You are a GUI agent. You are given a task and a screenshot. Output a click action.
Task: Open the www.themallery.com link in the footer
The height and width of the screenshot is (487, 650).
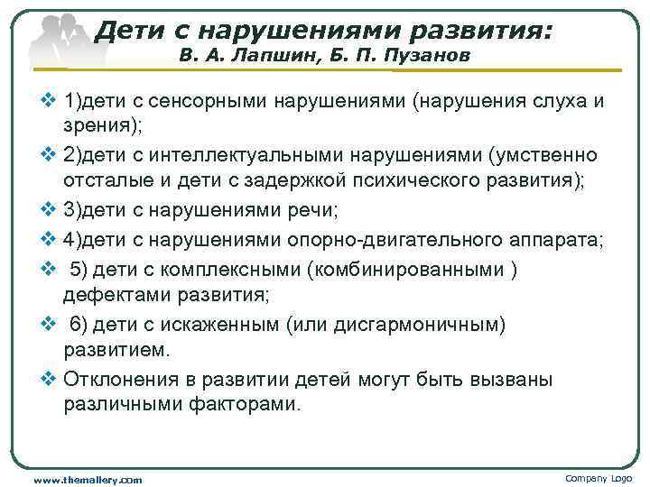88,479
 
